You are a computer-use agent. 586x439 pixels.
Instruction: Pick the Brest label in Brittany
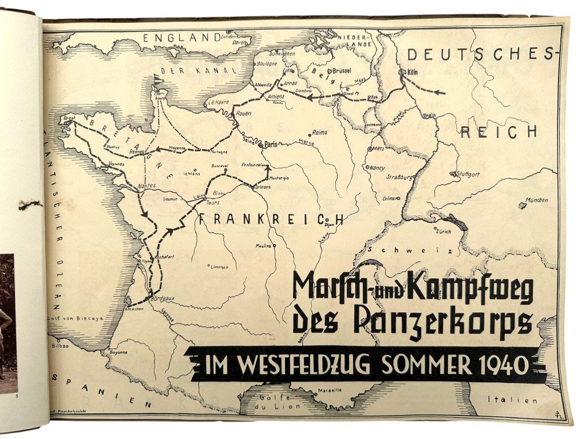[x=70, y=119]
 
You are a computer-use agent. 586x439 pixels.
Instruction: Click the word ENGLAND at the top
[x=177, y=38]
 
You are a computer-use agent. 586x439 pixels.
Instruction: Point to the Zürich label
[x=444, y=232]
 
